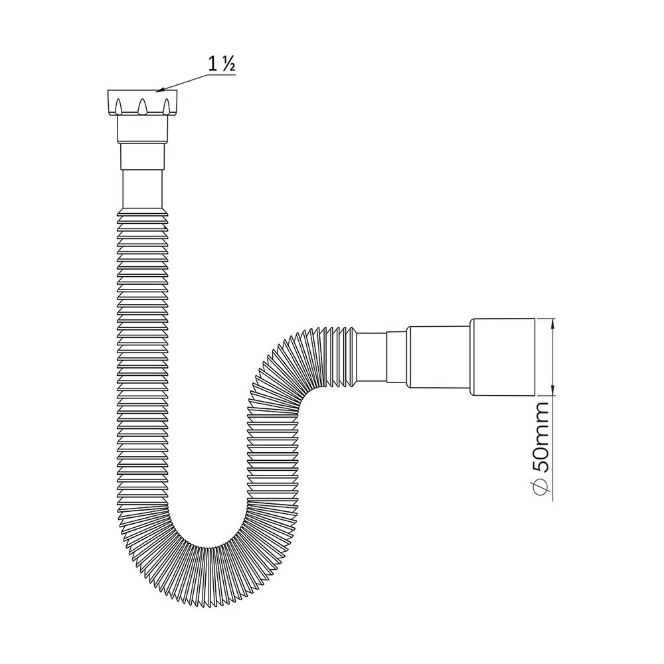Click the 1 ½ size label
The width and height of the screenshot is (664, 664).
222,64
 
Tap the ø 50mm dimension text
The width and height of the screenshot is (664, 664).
542,451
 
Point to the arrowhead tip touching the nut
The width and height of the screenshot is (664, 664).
156,92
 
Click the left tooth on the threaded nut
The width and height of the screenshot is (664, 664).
119,106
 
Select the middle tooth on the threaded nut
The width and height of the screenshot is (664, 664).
143,106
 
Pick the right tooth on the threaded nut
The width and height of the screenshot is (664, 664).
167,106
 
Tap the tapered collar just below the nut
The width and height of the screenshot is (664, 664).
142,129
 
